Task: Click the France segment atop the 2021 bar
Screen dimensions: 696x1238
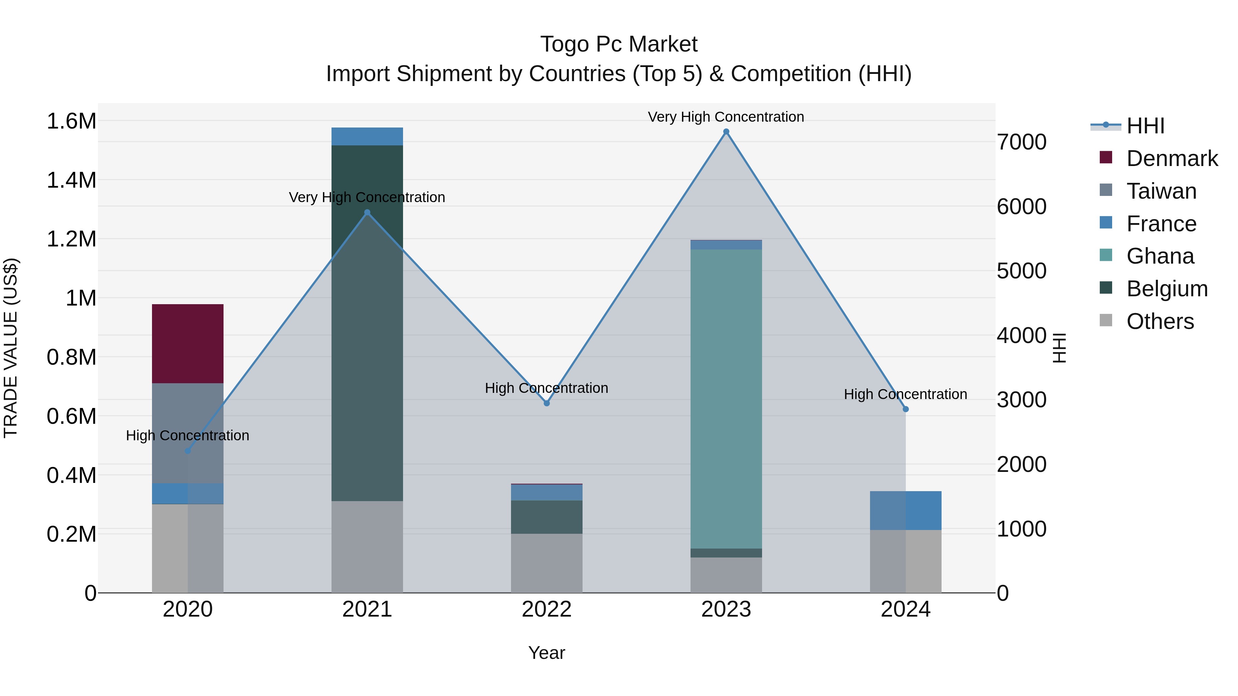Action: tap(367, 136)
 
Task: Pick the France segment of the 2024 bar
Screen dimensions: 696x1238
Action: tap(905, 510)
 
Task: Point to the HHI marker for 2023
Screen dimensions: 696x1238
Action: tap(726, 132)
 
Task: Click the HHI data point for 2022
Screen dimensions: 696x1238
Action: tap(546, 403)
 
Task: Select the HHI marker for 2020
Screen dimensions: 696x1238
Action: tap(187, 451)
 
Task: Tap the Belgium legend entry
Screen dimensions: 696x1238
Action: tap(1167, 289)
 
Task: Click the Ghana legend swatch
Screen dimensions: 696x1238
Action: tap(1106, 255)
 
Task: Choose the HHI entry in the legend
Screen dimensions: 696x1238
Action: tap(1145, 126)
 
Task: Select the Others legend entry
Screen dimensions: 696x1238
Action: tap(1160, 321)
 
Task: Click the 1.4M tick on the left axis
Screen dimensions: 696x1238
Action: tap(72, 180)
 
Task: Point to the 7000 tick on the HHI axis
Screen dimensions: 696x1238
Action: tap(1021, 142)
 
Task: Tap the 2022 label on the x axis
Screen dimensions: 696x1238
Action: tap(546, 609)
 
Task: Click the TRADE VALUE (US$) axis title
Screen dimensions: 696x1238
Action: tap(11, 348)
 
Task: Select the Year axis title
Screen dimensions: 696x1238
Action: tap(546, 653)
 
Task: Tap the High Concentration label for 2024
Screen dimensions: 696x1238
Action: tap(905, 394)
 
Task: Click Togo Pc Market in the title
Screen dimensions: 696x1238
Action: tap(619, 44)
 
